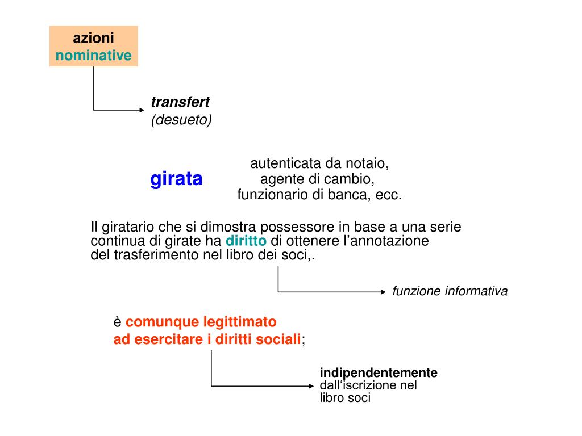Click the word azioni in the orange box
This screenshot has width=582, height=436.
(x=93, y=38)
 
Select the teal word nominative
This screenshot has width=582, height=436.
(x=93, y=56)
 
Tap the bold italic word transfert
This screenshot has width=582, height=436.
(x=180, y=102)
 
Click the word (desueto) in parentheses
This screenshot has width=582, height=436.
(x=181, y=120)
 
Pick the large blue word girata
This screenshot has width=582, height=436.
(x=176, y=179)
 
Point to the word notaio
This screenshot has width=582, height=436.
(x=371, y=163)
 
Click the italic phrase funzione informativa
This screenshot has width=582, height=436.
(x=450, y=291)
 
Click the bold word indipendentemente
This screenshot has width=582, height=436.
(x=379, y=373)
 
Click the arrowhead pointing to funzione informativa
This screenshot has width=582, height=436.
(x=383, y=292)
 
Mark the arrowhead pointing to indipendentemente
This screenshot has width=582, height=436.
(x=310, y=386)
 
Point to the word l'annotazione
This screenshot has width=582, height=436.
(x=386, y=241)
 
